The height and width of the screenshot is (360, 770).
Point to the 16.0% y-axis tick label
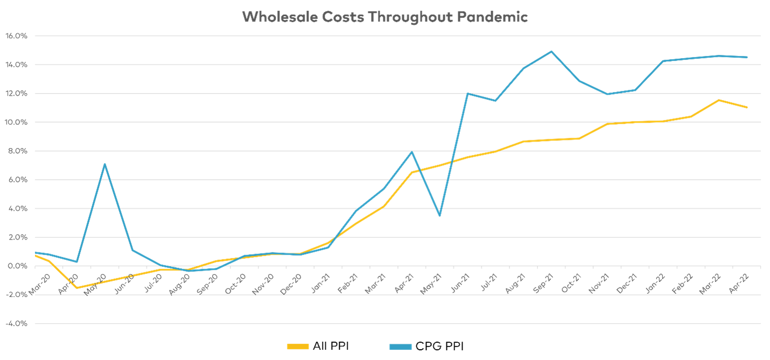point(16,36)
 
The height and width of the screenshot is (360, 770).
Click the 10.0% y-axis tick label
point(16,122)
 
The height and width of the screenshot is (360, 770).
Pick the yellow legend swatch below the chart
point(298,347)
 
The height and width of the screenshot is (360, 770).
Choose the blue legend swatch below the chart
point(400,347)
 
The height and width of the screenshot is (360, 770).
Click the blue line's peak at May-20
point(104,164)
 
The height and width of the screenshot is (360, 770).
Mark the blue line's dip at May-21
point(439,216)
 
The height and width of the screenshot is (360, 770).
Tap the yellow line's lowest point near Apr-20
point(76,287)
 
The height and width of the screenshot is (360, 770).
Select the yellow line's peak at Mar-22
point(719,100)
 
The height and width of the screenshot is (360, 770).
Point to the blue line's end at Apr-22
point(747,57)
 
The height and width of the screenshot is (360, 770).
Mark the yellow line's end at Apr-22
point(747,107)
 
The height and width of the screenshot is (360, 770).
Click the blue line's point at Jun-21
point(467,94)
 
